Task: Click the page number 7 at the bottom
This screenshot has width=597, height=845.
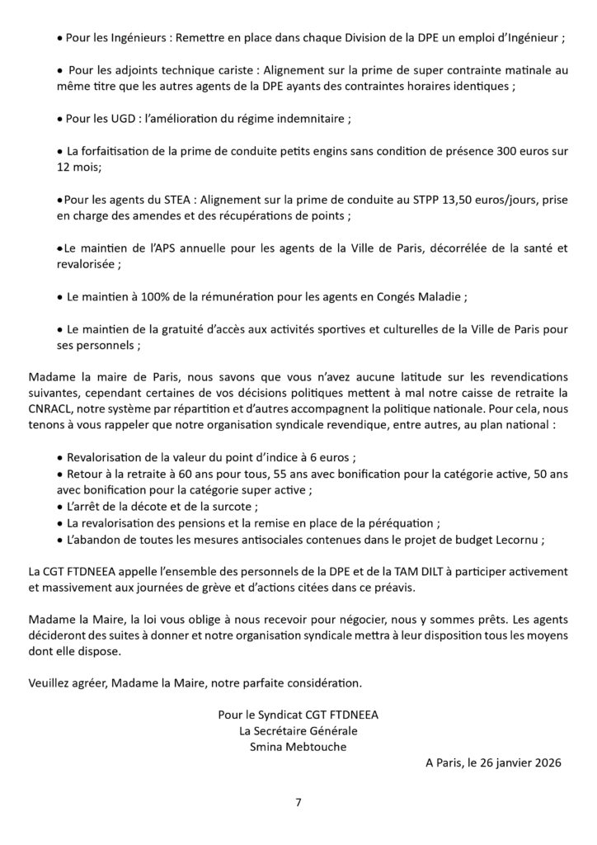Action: (298, 801)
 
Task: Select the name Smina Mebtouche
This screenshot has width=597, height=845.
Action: (298, 748)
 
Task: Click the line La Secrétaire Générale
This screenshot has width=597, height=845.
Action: (298, 731)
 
